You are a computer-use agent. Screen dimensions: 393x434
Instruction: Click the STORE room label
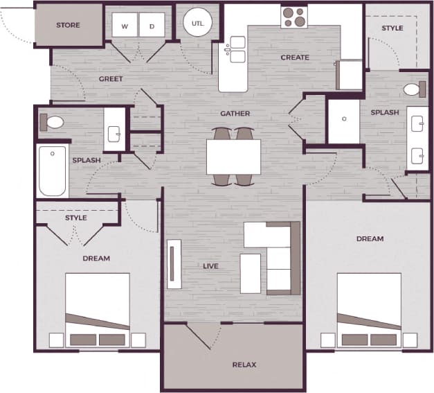(67, 26)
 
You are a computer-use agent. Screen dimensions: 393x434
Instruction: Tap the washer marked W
(125, 27)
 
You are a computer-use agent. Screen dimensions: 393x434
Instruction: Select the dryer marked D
(152, 27)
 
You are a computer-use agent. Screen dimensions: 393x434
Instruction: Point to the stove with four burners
(294, 17)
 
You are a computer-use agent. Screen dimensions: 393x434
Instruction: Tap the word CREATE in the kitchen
(295, 58)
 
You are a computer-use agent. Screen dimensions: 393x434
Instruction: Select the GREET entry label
(111, 79)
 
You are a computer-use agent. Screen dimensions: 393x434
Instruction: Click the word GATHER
(235, 114)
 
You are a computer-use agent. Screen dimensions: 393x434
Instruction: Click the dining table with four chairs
(233, 157)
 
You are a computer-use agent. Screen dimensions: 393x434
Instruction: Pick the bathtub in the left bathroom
(53, 171)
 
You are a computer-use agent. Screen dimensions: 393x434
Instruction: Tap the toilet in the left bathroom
(53, 123)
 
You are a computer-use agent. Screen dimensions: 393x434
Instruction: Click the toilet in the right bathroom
(413, 89)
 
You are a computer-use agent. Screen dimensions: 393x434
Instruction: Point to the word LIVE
(210, 266)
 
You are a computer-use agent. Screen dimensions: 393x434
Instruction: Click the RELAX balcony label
(245, 364)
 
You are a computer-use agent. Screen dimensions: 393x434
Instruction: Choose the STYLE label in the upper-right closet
(392, 28)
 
